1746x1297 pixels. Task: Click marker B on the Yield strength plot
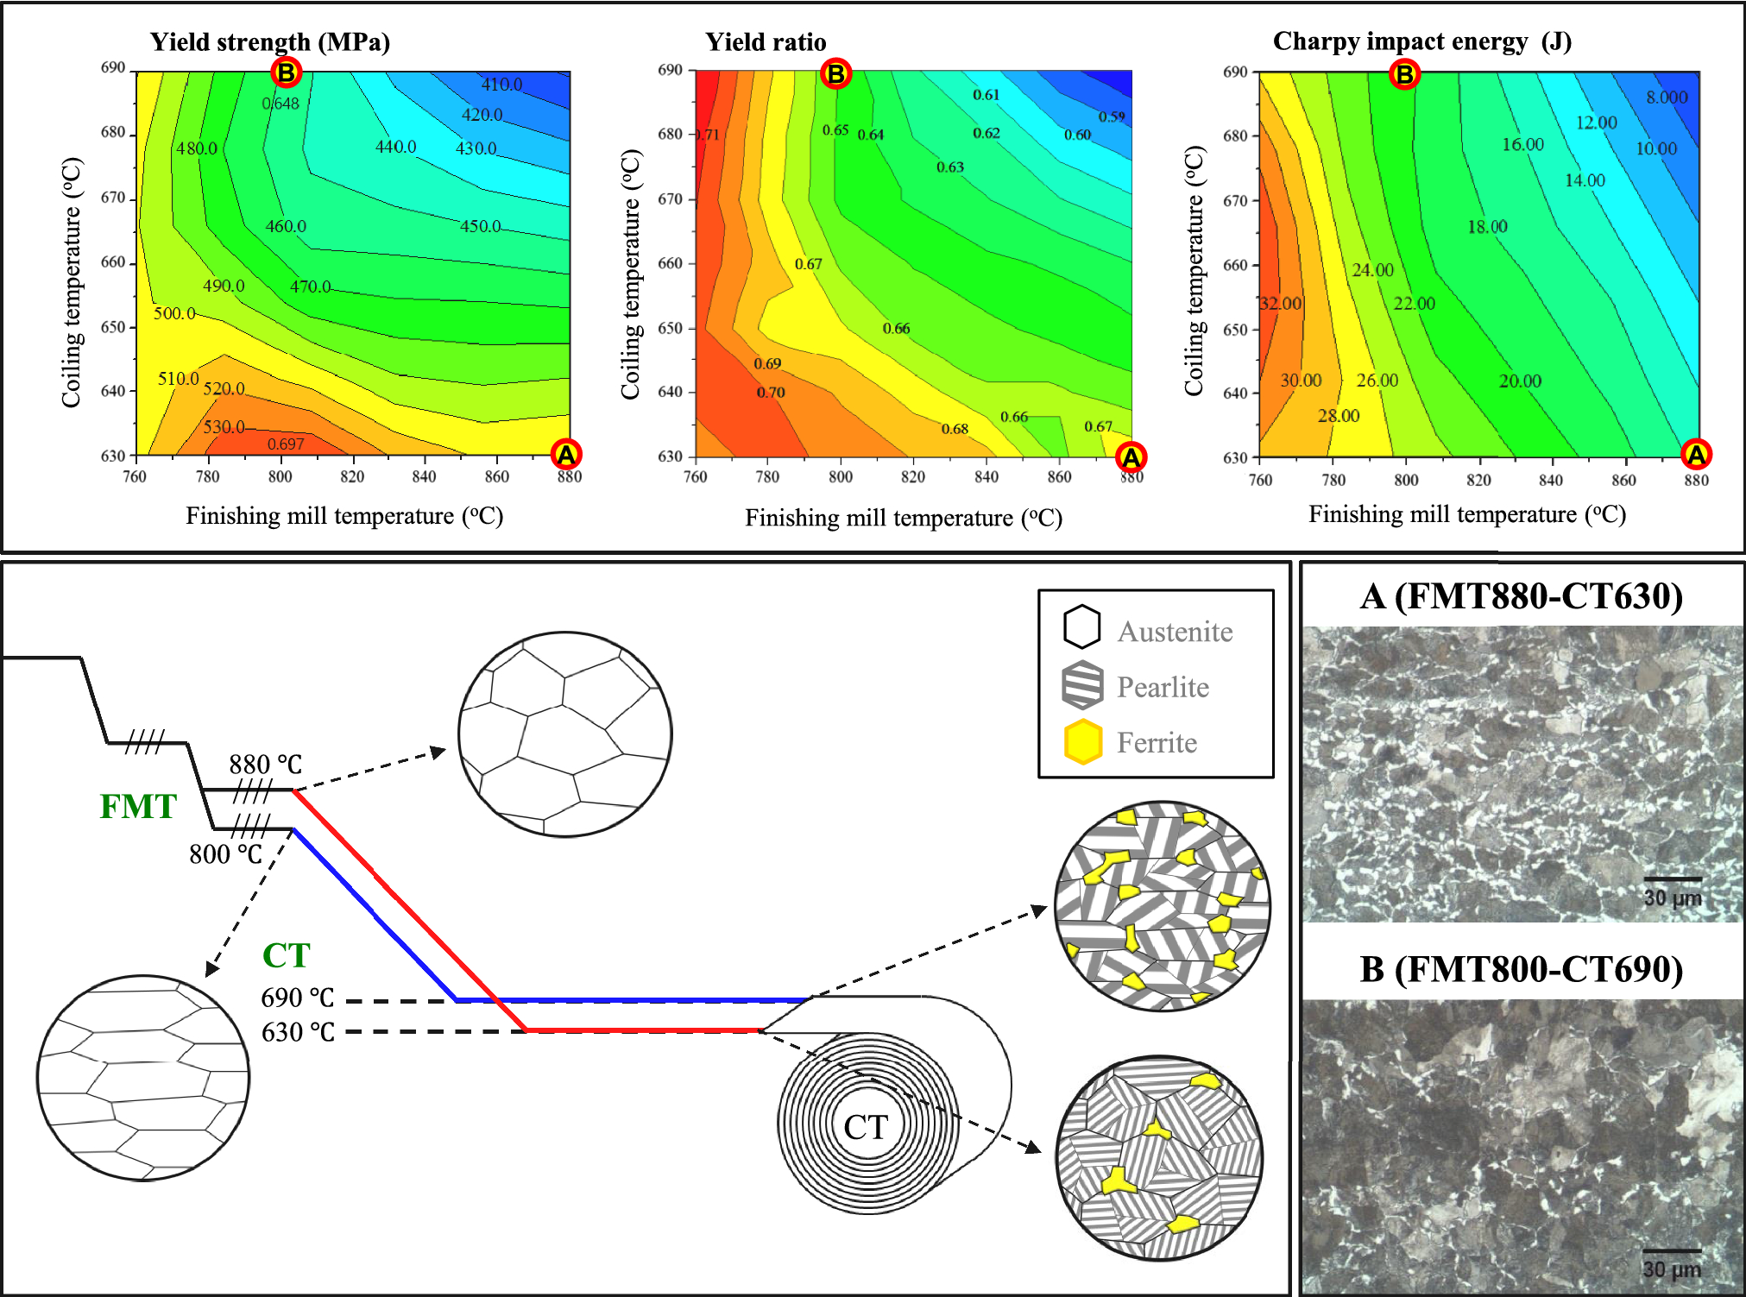click(286, 73)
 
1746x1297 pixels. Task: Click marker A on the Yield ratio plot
click(1131, 457)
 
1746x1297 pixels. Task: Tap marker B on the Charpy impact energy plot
click(1404, 75)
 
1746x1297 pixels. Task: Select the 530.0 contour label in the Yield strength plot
click(224, 427)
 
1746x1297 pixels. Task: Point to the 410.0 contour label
click(501, 85)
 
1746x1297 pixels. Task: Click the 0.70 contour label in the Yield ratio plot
click(771, 393)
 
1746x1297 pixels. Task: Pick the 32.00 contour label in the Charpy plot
click(1280, 304)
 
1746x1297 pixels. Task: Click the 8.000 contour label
click(1666, 98)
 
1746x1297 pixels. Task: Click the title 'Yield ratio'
click(766, 42)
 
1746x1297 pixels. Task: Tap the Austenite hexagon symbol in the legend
click(1081, 627)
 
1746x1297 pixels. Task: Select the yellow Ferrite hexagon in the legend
click(1082, 742)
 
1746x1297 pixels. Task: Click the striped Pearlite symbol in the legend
click(1082, 685)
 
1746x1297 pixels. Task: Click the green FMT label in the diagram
click(138, 807)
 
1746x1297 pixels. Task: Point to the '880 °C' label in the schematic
click(265, 765)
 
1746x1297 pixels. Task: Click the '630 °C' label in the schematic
click(298, 1032)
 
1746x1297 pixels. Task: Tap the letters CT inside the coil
click(865, 1127)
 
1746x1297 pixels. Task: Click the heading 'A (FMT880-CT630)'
click(1521, 596)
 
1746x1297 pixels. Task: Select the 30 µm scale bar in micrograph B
click(1671, 1250)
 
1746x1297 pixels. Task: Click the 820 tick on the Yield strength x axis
click(352, 476)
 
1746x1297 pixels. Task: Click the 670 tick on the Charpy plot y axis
click(1236, 201)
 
